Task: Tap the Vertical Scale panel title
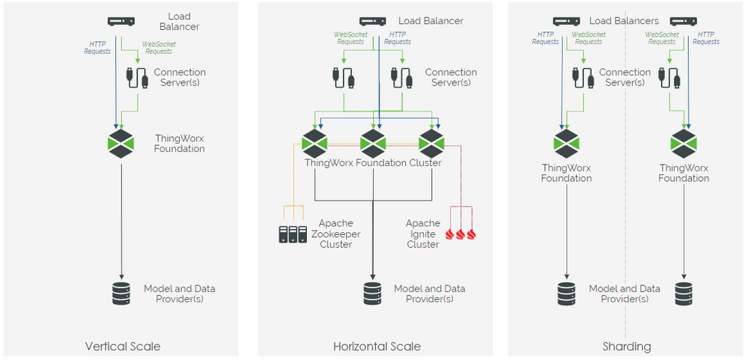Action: coord(123,347)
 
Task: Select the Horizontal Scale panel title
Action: coord(377,347)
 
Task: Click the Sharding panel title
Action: coord(626,347)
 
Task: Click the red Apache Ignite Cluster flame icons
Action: coord(461,234)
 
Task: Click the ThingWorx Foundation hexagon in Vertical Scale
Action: coord(121,143)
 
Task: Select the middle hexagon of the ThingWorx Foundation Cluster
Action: coord(373,143)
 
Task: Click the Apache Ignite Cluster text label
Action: coord(423,234)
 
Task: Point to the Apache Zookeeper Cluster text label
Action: coord(335,234)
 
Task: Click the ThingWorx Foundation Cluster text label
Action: coord(373,162)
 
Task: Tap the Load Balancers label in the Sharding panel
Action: coord(624,21)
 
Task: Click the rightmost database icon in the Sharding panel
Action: coord(684,294)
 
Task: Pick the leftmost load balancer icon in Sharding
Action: coord(567,22)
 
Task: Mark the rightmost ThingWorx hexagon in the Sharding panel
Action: coord(684,143)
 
